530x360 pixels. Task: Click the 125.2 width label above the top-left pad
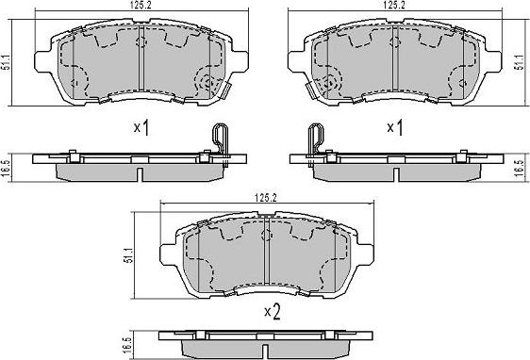(x=141, y=6)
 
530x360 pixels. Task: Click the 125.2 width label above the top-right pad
(x=394, y=6)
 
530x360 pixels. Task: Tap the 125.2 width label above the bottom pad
(x=266, y=198)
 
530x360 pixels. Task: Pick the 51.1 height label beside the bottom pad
(x=129, y=255)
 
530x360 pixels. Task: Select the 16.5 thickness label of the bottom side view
(x=126, y=345)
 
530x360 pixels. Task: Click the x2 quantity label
(x=273, y=312)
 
